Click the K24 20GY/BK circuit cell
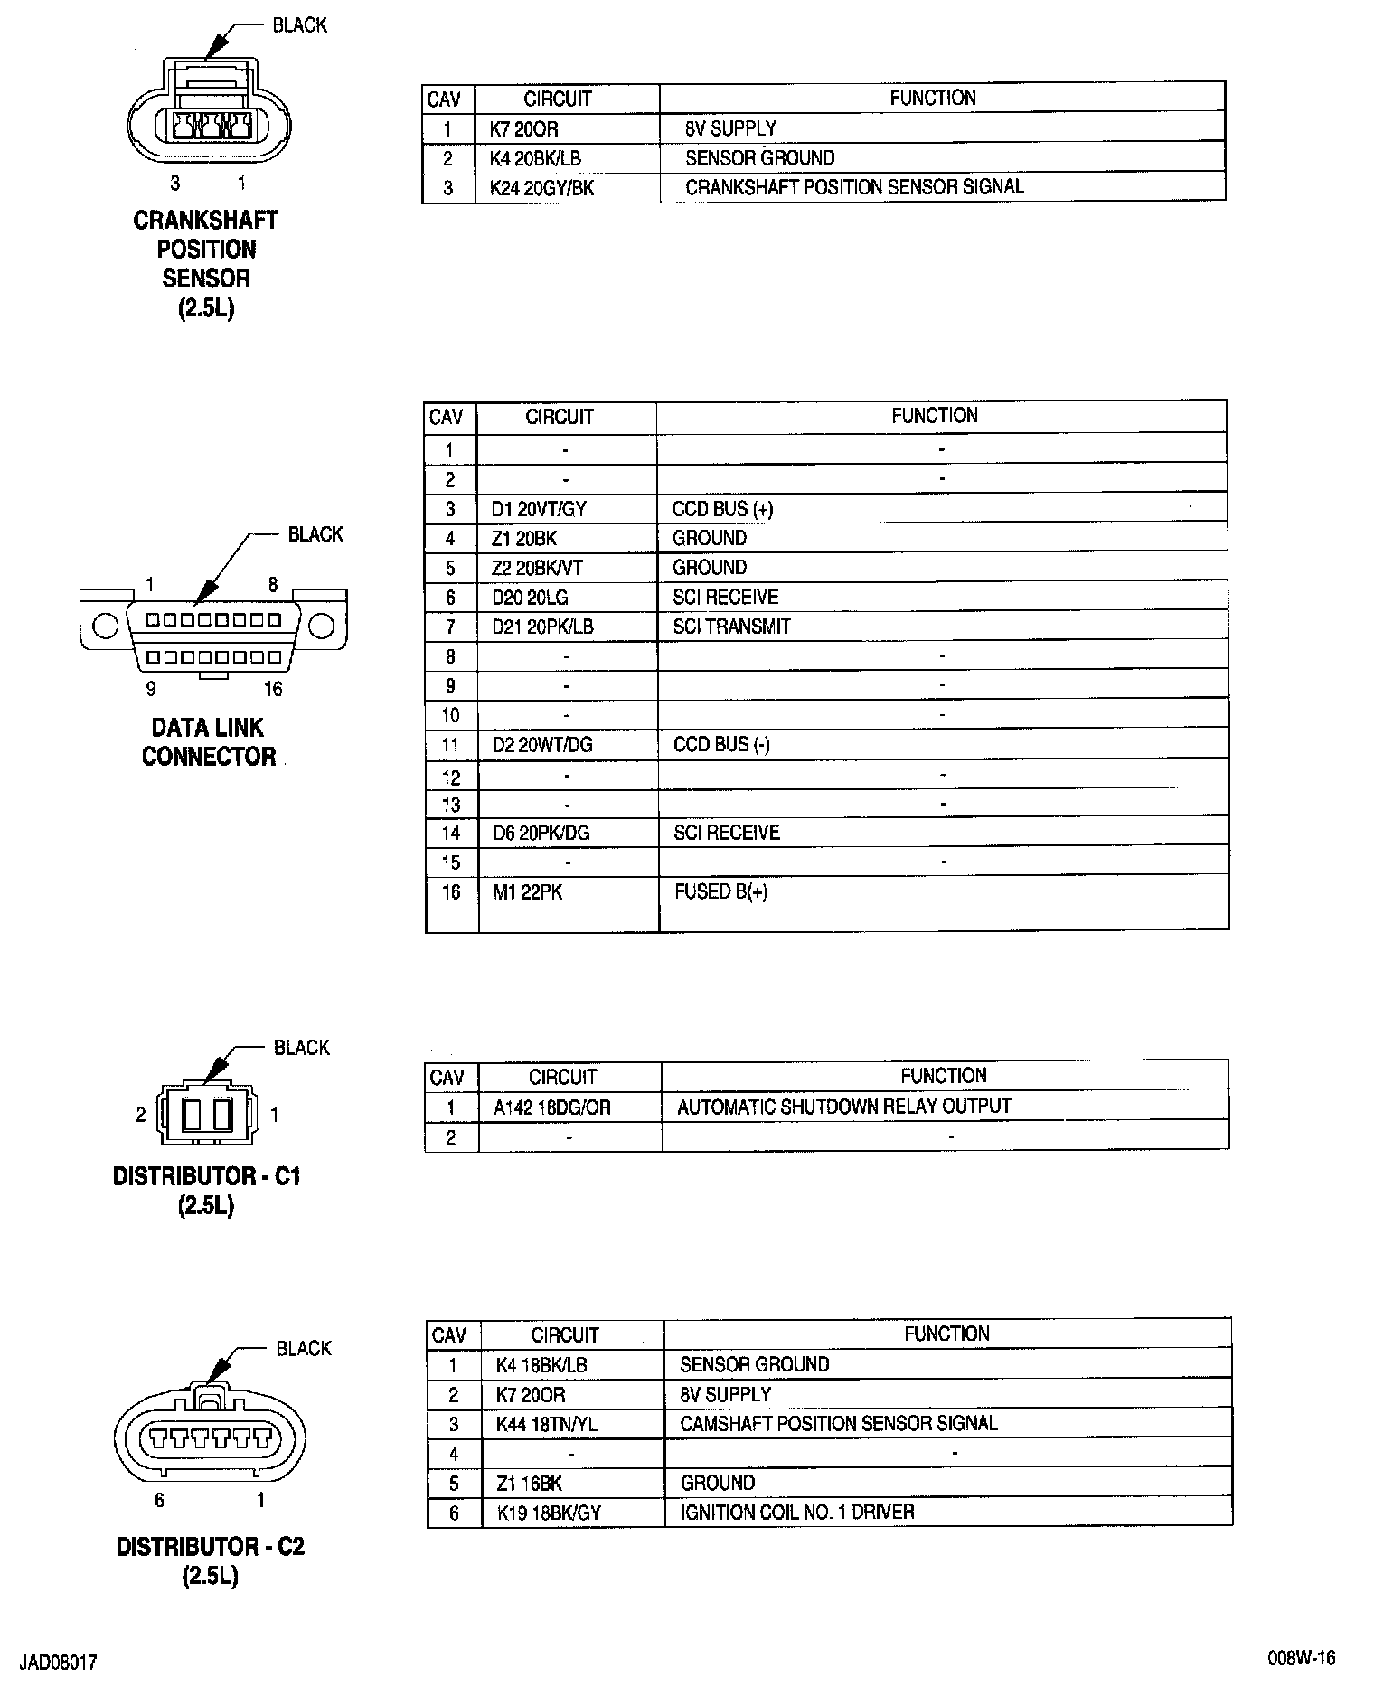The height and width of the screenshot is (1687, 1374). (541, 188)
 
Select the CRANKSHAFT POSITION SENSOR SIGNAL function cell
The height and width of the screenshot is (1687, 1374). (854, 187)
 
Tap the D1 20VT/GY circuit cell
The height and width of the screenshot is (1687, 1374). (539, 509)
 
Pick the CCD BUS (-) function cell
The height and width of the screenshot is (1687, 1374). (721, 745)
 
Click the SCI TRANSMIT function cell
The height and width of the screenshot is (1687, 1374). (731, 627)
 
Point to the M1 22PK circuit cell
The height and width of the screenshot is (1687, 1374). (527, 892)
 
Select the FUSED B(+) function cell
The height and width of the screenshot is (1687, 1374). (720, 892)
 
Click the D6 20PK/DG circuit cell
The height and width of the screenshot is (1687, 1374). (541, 833)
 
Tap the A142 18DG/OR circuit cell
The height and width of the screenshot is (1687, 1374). (551, 1107)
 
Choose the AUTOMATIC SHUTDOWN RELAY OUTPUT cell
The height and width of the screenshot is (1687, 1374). (843, 1107)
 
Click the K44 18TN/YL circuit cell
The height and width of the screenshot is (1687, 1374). (546, 1424)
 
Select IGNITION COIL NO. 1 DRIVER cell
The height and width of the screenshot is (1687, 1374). (796, 1512)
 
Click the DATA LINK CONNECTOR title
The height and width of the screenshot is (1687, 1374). (208, 742)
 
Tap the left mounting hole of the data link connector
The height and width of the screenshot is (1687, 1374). (105, 626)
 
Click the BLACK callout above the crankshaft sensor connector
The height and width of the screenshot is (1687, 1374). (299, 25)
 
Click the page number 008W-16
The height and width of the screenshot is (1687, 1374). (1301, 1658)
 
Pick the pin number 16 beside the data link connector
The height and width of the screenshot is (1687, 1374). (273, 689)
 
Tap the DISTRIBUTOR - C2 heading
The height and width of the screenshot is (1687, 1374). (211, 1547)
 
